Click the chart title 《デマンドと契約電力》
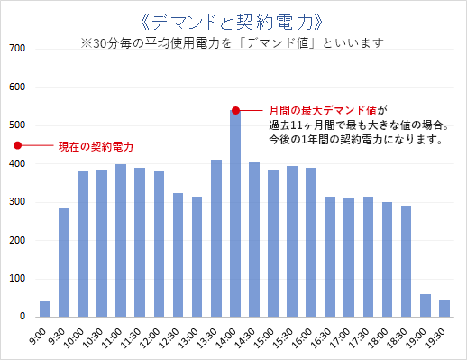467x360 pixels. pos(233,19)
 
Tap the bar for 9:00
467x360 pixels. pos(45,309)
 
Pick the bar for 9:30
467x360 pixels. pos(64,263)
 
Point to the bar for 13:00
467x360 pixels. pos(197,256)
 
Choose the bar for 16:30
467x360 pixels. pos(330,256)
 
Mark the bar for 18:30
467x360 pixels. pos(407,261)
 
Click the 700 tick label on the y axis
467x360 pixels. pos(16,49)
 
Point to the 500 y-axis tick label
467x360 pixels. pos(16,125)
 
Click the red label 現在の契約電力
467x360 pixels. pos(96,146)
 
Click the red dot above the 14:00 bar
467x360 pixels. pos(235,110)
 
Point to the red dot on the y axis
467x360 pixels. pos(16,145)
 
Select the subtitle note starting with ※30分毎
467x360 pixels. pos(232,42)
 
